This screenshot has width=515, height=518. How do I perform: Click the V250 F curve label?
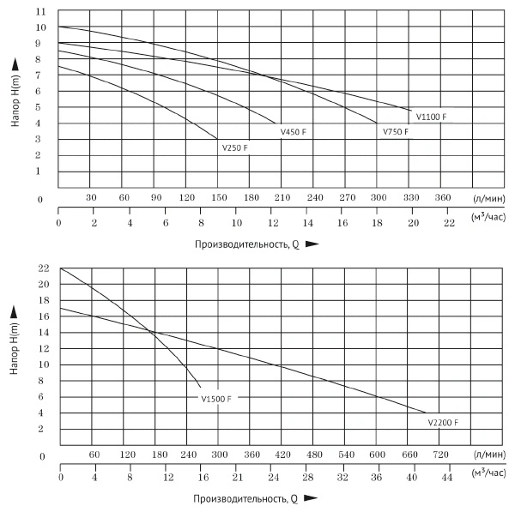[234, 148]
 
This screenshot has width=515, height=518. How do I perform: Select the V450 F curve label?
[294, 132]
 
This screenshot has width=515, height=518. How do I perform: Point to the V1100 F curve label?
[431, 116]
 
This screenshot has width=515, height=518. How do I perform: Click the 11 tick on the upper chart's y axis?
[39, 11]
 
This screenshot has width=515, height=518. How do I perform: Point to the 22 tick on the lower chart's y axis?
[41, 268]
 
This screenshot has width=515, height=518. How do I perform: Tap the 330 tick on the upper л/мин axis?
[411, 197]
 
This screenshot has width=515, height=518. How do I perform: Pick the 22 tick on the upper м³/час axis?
[448, 222]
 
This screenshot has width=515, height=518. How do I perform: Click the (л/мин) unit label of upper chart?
[488, 197]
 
